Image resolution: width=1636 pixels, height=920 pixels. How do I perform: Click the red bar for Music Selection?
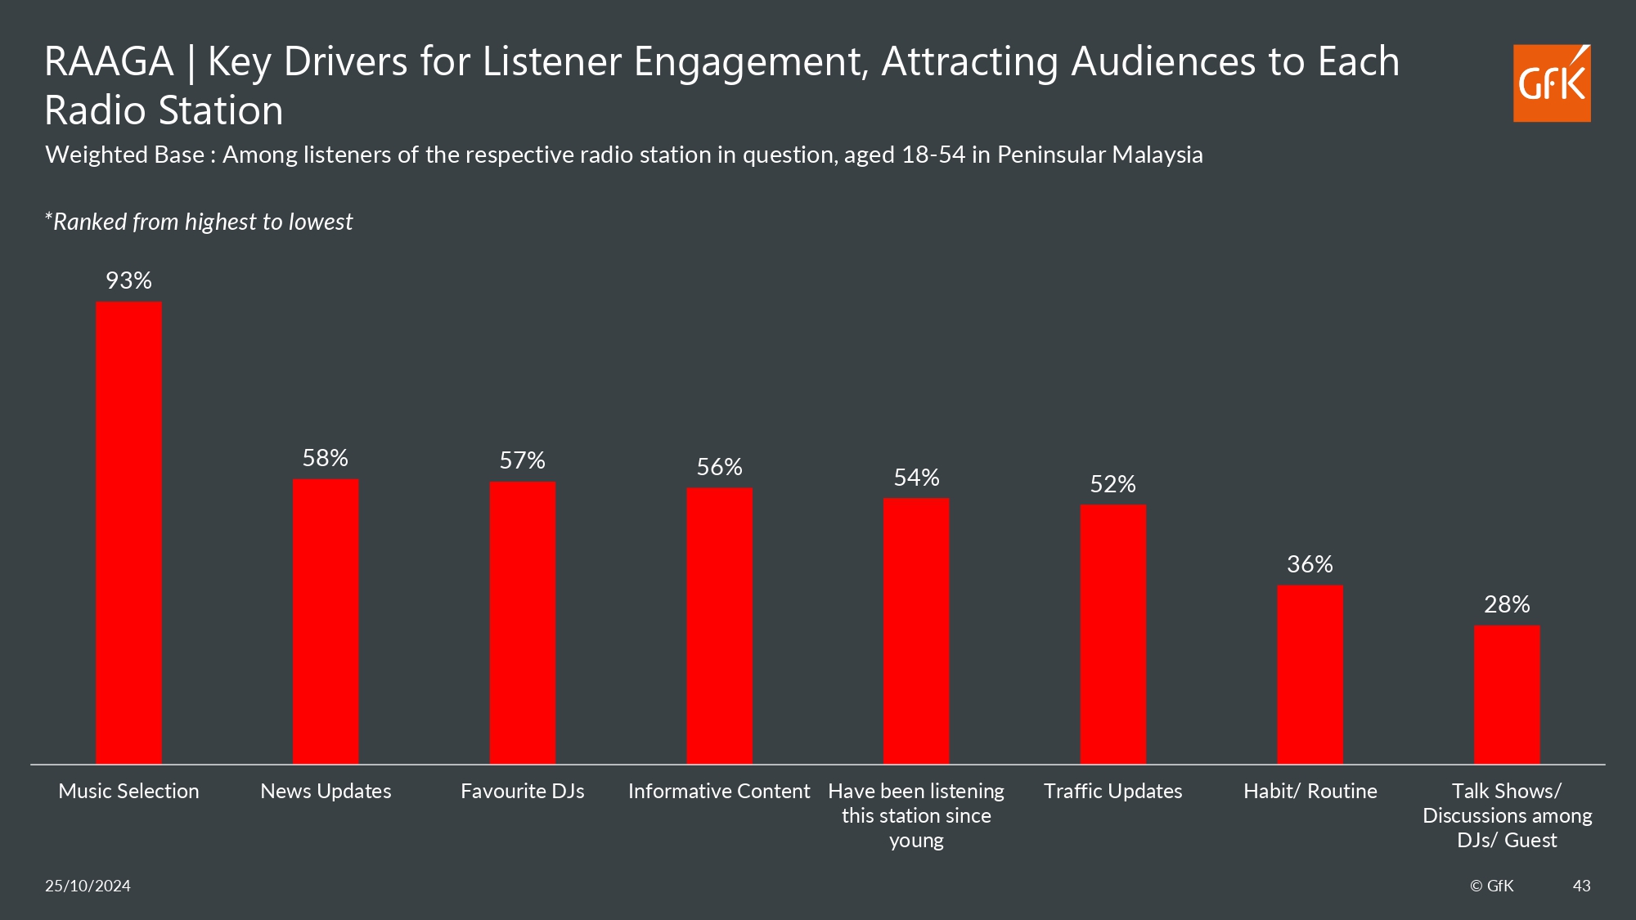coord(128,532)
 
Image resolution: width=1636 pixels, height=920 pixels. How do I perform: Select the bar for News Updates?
coord(326,622)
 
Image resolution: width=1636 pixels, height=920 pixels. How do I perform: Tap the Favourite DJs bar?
coord(522,622)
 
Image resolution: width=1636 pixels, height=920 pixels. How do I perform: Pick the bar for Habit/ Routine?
coord(1310,674)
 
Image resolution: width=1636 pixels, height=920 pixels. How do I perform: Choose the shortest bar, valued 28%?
coord(1507,694)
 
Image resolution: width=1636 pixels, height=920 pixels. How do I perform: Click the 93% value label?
coord(128,280)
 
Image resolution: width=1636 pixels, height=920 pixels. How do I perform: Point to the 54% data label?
coord(916,478)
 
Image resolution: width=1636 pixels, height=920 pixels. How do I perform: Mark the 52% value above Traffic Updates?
coord(1112,484)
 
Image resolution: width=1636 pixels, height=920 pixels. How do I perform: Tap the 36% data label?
coord(1310,564)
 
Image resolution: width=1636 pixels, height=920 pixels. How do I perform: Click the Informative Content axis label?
coord(718,791)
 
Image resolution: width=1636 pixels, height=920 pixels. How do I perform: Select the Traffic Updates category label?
coord(1112,791)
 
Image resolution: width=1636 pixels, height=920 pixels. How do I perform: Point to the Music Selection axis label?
coord(128,791)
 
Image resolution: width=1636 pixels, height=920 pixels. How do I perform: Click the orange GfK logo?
coord(1551,83)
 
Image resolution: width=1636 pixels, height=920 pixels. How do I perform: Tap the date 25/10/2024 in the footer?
coord(88,886)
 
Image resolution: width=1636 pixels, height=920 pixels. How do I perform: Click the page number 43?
coord(1581,886)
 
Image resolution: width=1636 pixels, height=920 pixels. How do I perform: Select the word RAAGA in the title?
coord(109,62)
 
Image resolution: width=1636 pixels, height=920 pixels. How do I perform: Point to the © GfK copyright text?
coord(1491,886)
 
